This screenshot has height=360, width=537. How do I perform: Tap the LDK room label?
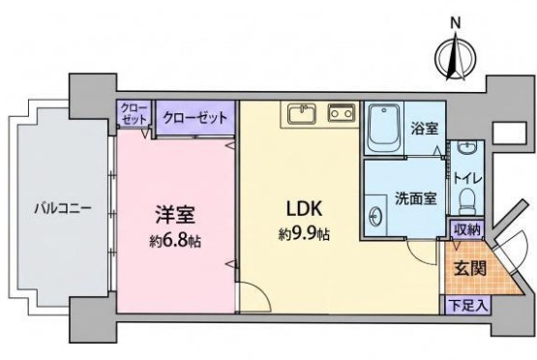304,209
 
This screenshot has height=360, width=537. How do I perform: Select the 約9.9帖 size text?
304,234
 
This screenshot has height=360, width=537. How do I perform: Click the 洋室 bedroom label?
175,215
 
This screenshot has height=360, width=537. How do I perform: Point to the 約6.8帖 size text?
175,242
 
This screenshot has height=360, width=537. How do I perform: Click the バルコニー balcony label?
63,208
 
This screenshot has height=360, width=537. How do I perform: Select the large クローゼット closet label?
194,118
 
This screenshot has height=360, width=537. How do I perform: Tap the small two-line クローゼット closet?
134,113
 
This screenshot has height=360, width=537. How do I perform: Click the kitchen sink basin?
302,114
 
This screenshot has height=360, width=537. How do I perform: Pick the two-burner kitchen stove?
342,112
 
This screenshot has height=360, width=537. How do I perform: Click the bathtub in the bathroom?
383,129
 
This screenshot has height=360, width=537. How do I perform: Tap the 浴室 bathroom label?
425,129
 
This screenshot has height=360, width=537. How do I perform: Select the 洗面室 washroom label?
416,198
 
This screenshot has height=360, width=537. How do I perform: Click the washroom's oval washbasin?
375,217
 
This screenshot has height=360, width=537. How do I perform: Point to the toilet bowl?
466,201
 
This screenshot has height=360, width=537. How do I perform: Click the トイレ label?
467,178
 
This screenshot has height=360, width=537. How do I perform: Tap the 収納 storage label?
467,228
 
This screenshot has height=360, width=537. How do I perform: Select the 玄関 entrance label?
470,269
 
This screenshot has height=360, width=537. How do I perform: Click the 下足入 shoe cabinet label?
468,306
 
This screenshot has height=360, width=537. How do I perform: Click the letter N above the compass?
455,23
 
